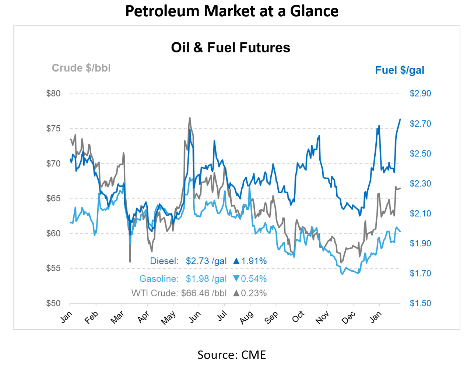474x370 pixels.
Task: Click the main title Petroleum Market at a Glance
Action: [232, 11]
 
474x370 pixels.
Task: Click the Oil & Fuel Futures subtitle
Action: [231, 47]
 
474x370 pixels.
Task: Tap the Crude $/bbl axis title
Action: [81, 68]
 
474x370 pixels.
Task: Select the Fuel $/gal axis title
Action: [399, 70]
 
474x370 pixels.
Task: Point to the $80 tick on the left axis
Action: [53, 94]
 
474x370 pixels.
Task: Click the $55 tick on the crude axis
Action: [53, 268]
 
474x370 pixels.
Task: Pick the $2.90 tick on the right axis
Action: [420, 94]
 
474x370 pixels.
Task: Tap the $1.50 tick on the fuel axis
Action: [420, 303]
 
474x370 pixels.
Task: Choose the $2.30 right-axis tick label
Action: [420, 183]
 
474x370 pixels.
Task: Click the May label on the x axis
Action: [168, 317]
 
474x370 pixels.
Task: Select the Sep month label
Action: [271, 317]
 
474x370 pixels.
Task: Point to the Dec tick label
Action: [348, 317]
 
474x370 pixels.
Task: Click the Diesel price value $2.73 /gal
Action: [206, 261]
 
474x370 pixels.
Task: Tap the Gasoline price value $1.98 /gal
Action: [206, 279]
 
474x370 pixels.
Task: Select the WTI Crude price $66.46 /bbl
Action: [204, 293]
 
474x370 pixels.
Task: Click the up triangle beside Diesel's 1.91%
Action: [236, 261]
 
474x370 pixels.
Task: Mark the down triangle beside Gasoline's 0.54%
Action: [236, 279]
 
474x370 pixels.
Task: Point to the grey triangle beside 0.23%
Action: [236, 293]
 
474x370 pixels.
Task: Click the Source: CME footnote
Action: [232, 355]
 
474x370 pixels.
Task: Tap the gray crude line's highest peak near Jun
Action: [190, 118]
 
